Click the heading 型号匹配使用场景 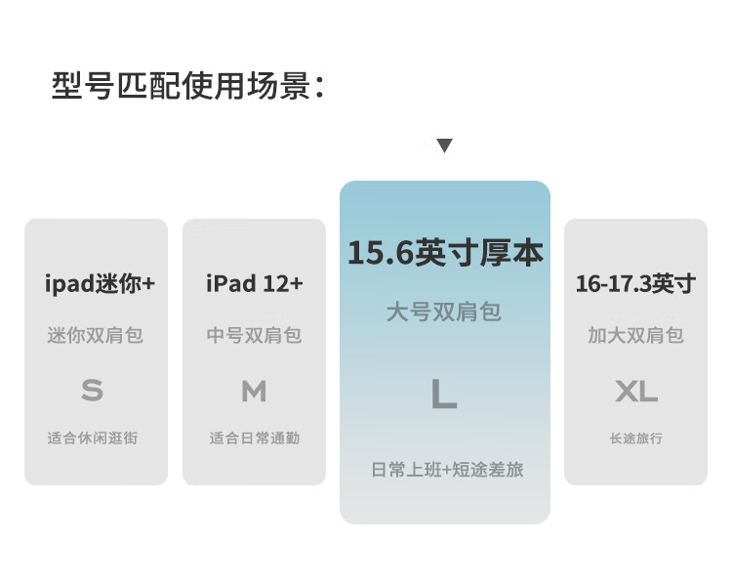tap(187, 85)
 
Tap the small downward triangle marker tap(444, 146)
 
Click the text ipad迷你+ tap(100, 284)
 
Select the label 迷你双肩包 tap(96, 335)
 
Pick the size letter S tap(92, 392)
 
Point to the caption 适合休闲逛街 tap(93, 437)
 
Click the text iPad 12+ tap(255, 284)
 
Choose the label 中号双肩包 tap(254, 335)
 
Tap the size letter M tap(254, 392)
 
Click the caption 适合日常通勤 tap(254, 437)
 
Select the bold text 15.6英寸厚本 tap(445, 253)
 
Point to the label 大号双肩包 tap(444, 312)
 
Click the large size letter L tap(444, 394)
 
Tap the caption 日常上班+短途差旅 tap(448, 470)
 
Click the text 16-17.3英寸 tap(635, 284)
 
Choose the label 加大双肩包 tap(635, 335)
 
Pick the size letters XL tap(636, 392)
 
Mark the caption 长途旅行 tap(636, 437)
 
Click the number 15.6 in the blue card tap(380, 253)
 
